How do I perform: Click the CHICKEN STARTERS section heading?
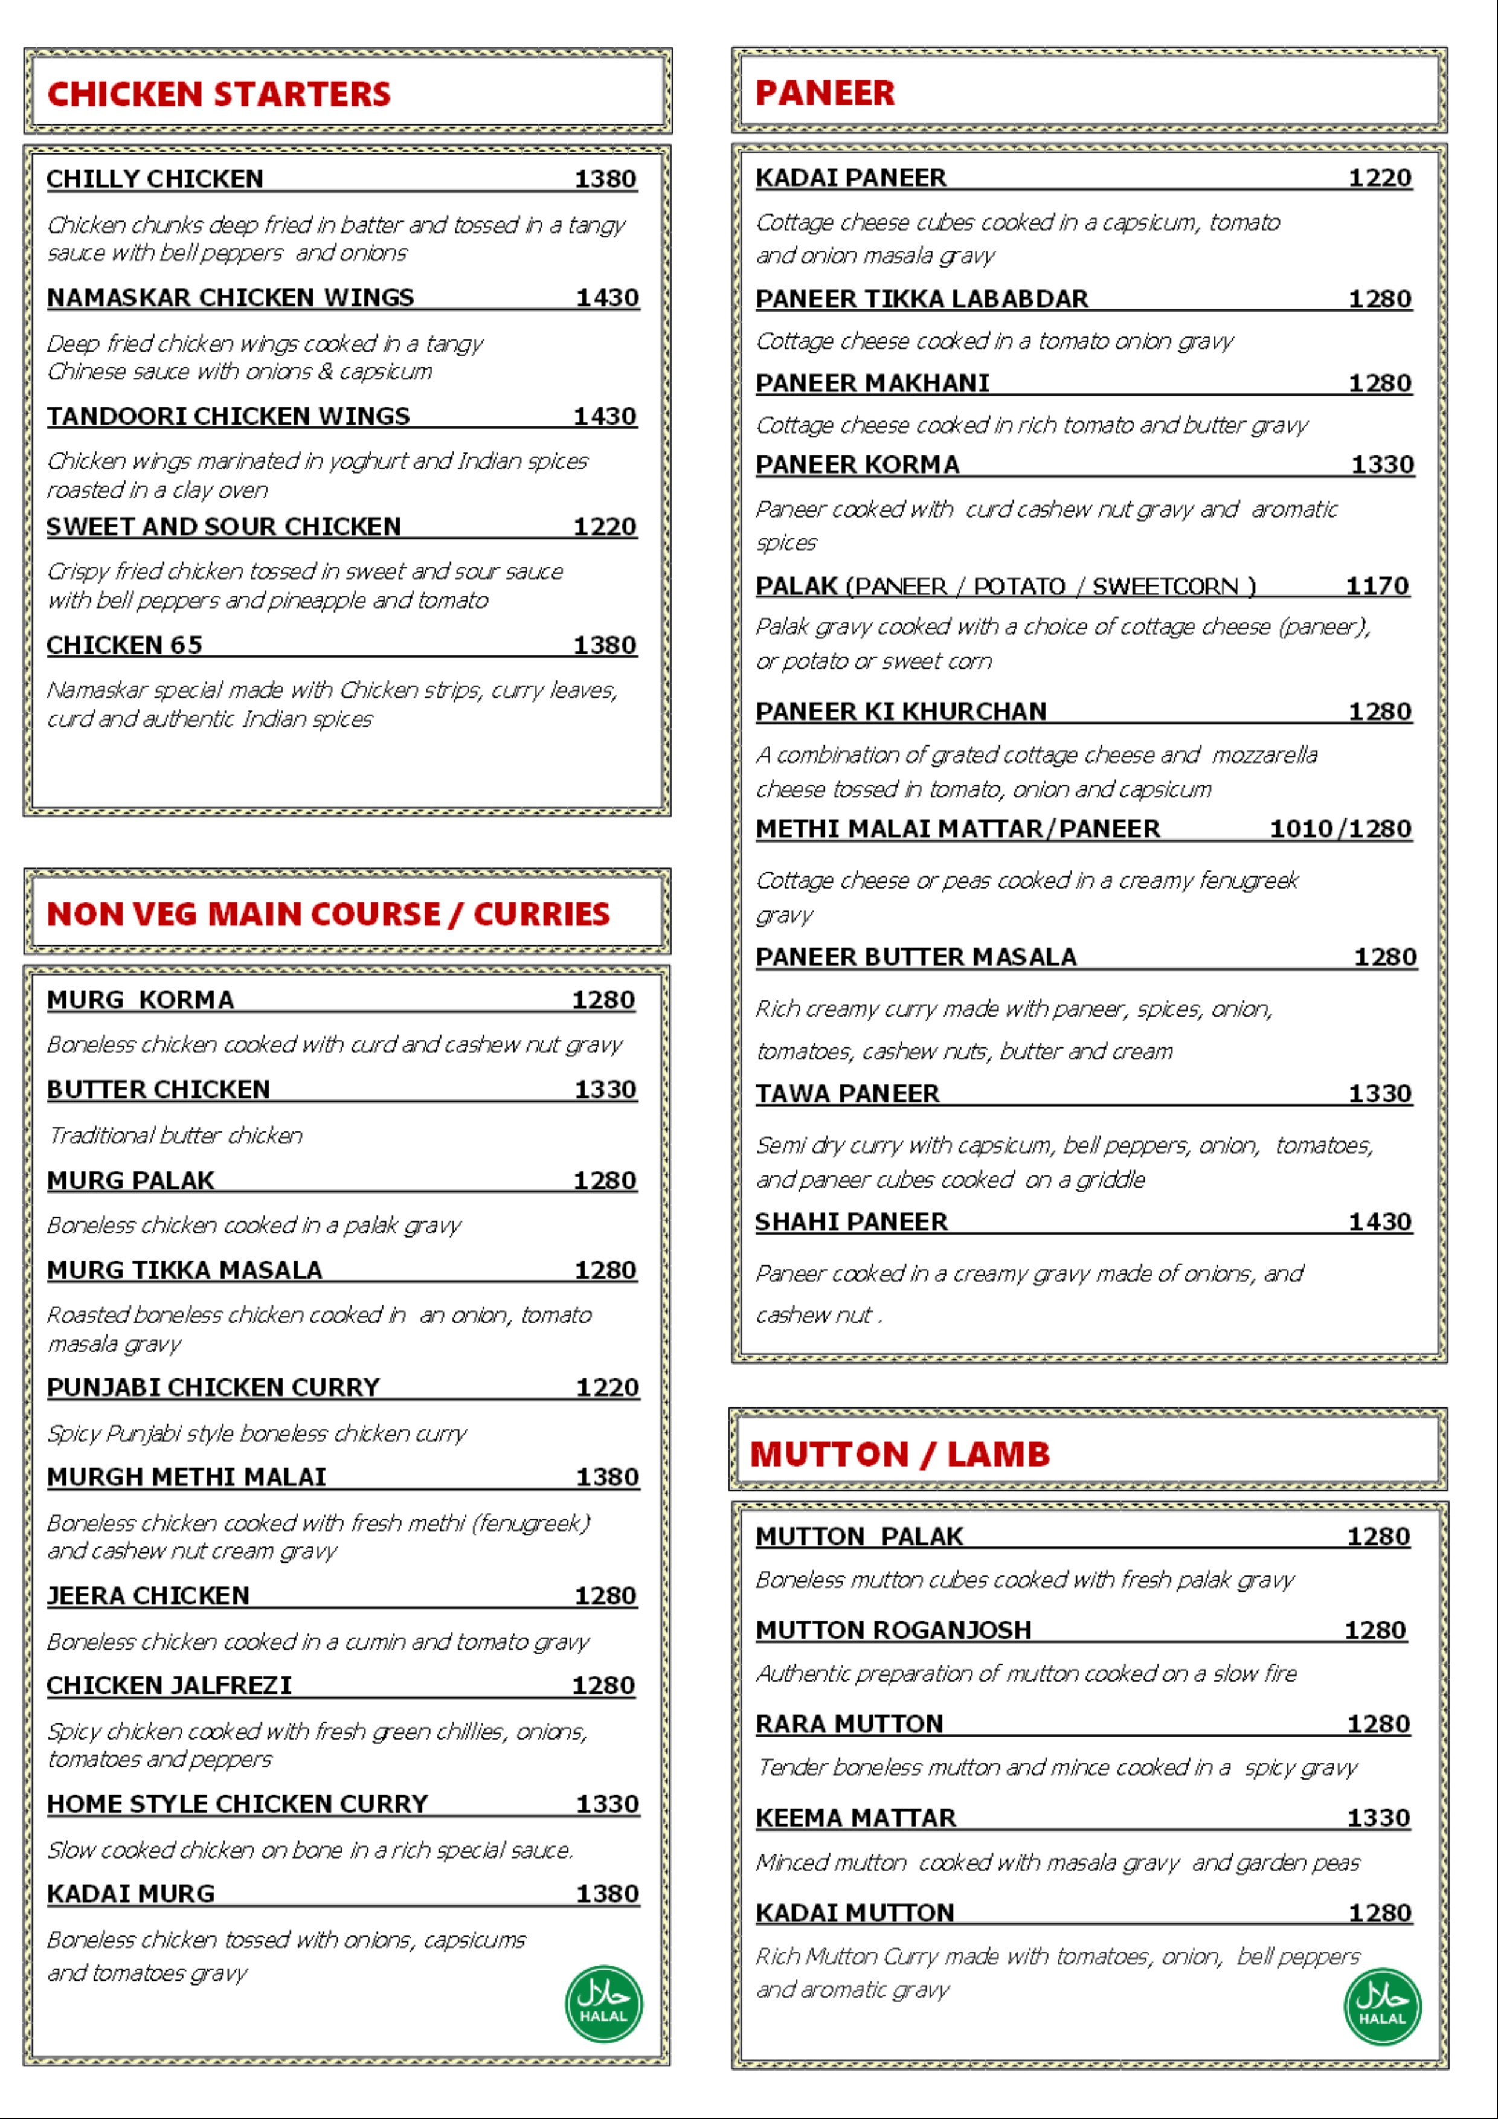(x=219, y=94)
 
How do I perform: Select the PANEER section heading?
(x=825, y=93)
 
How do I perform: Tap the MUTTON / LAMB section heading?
(x=900, y=1455)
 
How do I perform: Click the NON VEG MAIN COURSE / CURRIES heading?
(x=327, y=914)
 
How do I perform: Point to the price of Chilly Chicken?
(x=605, y=179)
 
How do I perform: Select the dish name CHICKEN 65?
(x=124, y=645)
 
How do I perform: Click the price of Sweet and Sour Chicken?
(x=605, y=527)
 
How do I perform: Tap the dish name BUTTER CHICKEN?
(x=158, y=1090)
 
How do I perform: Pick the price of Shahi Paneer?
(x=1380, y=1222)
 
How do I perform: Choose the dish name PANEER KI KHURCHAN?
(x=901, y=712)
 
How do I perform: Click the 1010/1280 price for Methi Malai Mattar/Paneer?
(x=1340, y=829)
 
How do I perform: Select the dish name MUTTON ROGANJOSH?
(x=893, y=1631)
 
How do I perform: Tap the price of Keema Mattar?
(x=1378, y=1818)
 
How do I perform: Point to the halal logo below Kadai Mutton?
(x=1381, y=2007)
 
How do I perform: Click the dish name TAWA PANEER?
(x=846, y=1094)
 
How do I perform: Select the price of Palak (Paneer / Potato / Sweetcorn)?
(x=1377, y=586)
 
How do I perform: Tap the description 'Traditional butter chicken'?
(x=175, y=1135)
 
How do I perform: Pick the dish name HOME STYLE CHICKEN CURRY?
(x=237, y=1804)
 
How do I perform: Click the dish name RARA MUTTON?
(x=849, y=1724)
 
